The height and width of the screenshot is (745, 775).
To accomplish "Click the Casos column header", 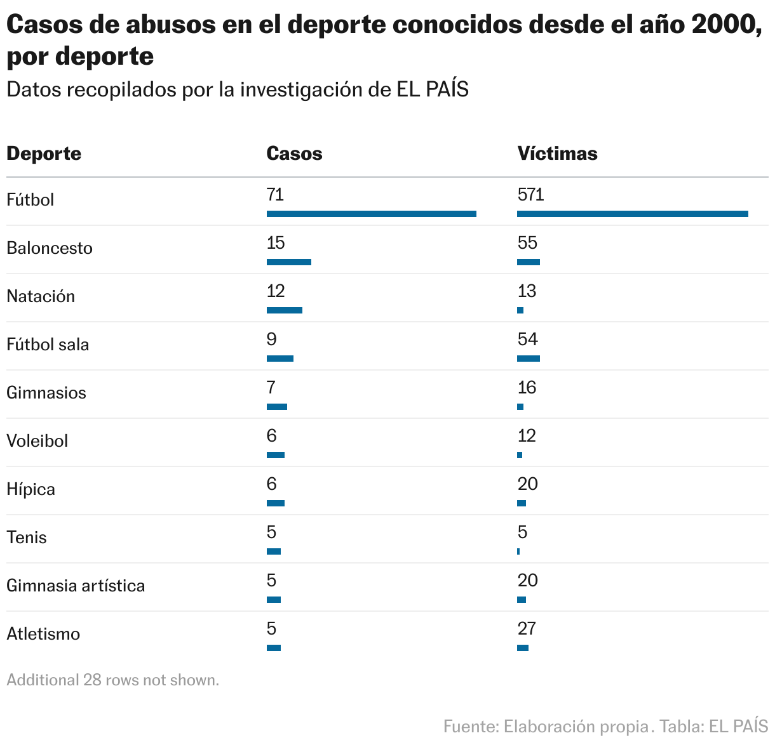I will click(294, 154).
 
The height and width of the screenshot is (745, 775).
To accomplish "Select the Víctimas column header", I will click(557, 154).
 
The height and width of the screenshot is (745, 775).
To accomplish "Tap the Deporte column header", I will click(44, 154).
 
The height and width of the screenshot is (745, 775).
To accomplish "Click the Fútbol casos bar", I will click(371, 214).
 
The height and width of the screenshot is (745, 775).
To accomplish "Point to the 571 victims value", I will click(530, 194).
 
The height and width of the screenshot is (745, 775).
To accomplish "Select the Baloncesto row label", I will click(50, 248).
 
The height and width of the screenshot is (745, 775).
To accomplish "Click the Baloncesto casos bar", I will click(289, 262).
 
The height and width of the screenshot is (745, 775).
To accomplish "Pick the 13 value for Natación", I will click(527, 291).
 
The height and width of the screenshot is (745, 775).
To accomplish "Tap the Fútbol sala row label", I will click(48, 345).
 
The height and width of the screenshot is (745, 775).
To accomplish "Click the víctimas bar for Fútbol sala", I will click(529, 359).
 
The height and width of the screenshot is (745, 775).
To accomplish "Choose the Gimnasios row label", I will click(46, 393).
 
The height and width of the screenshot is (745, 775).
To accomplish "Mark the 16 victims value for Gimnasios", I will click(527, 388).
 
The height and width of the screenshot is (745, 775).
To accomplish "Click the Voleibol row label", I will click(37, 441).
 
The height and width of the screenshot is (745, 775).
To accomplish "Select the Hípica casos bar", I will click(276, 503).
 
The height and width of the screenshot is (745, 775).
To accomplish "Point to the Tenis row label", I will click(27, 537).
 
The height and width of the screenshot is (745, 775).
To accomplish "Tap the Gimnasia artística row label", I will click(76, 586).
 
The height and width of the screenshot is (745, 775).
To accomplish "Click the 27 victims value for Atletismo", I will click(527, 629).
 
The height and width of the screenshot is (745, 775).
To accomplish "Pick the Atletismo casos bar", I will click(274, 648).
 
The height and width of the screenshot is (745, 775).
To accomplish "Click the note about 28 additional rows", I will click(112, 680).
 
